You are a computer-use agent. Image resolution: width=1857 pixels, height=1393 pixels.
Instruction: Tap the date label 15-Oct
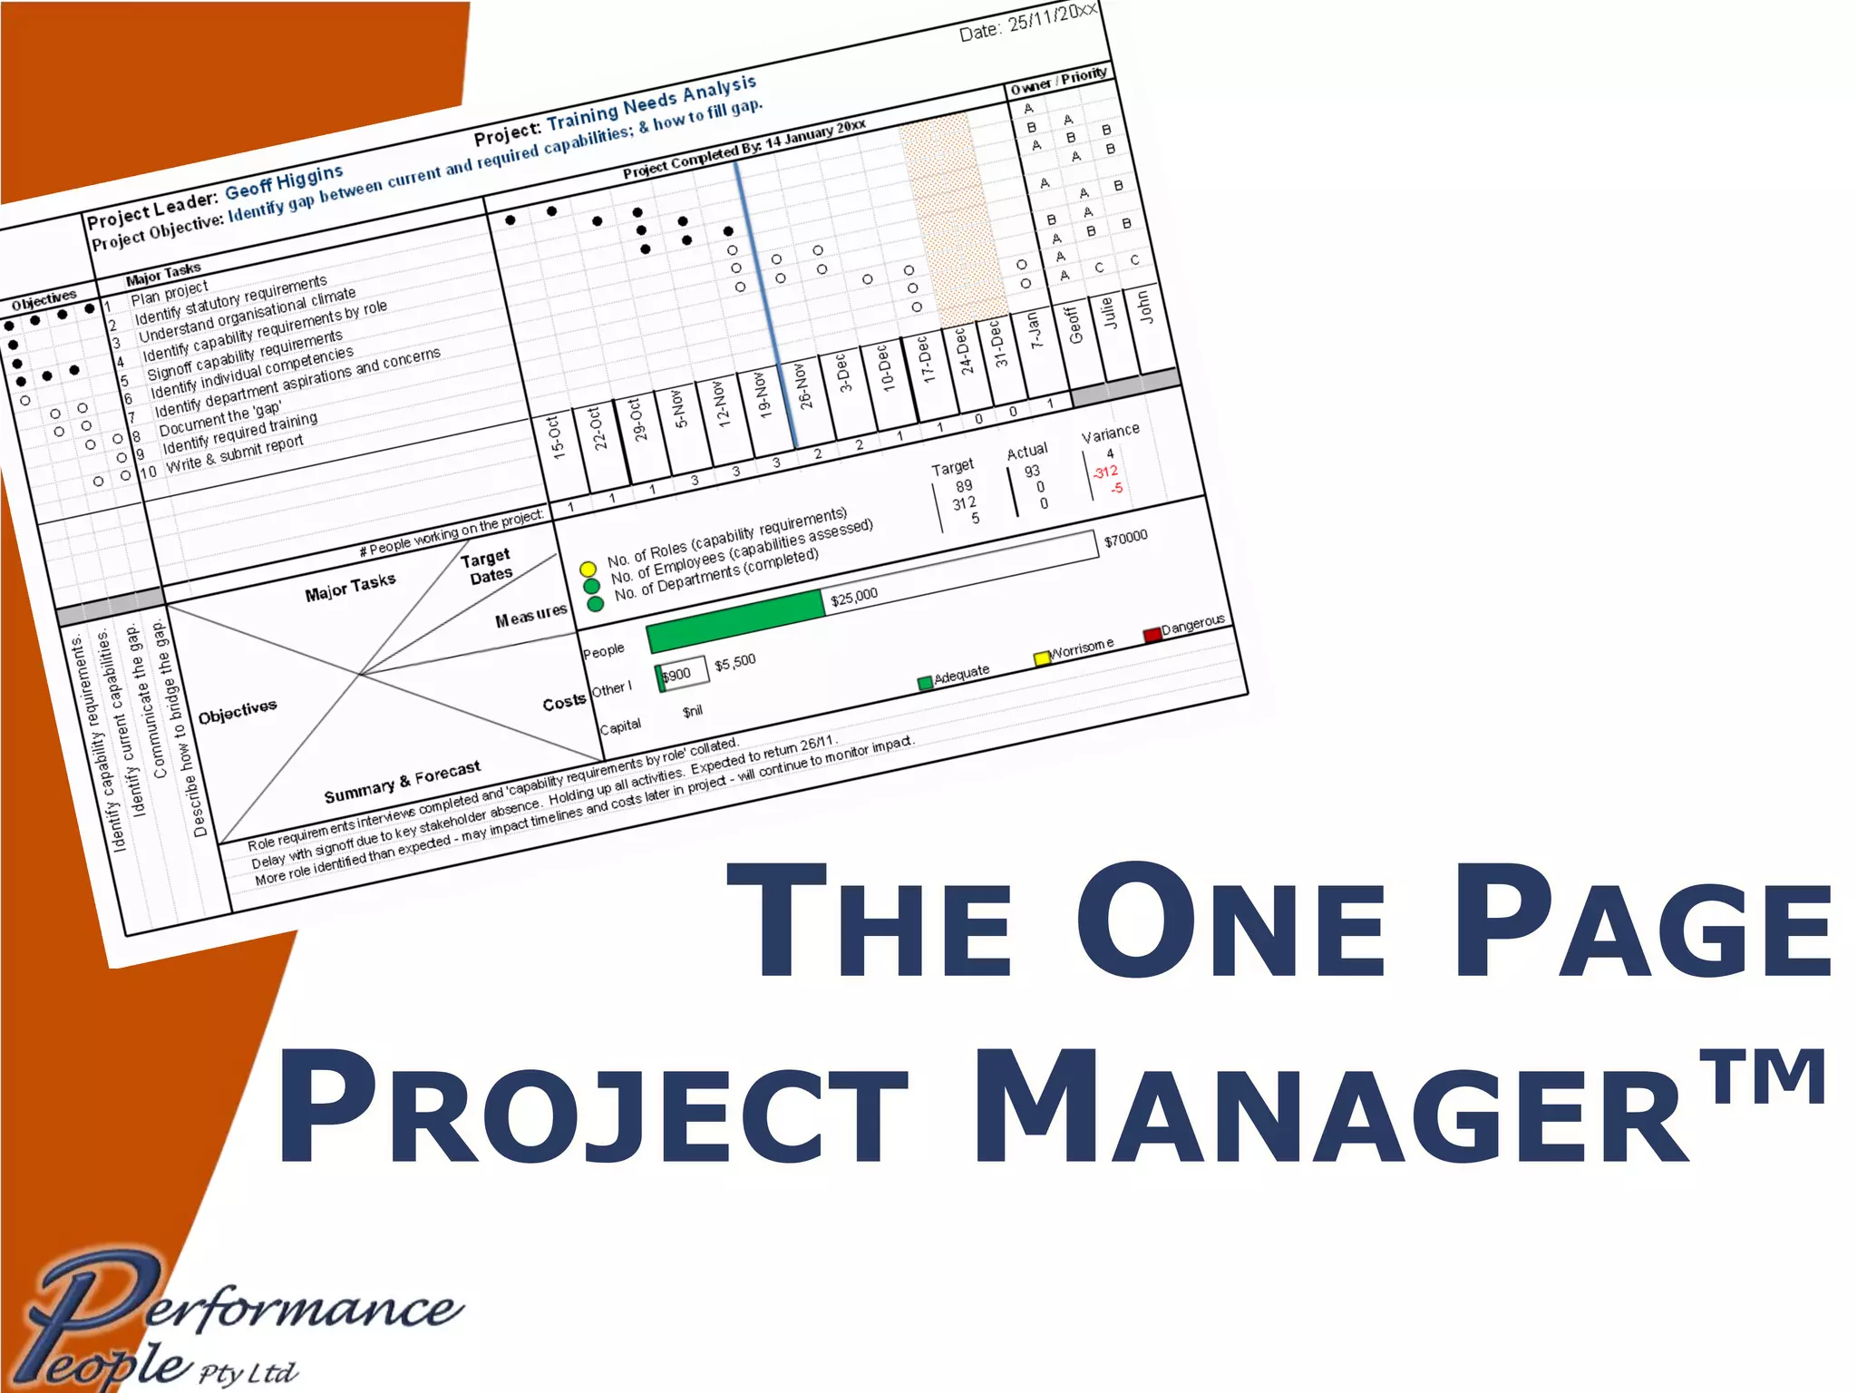[x=557, y=437]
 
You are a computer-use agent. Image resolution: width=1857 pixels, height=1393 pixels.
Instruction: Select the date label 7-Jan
[x=1035, y=329]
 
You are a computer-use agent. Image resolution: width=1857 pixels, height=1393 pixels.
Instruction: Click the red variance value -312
[x=1105, y=472]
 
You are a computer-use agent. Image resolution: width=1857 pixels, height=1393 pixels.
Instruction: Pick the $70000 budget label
[x=1125, y=539]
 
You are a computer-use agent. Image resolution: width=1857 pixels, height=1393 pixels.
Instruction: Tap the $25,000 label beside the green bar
[x=854, y=595]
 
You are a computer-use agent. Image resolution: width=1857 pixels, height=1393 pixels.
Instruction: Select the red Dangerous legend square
[x=1152, y=634]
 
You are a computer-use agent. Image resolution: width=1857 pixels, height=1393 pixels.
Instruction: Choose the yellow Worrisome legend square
[x=1042, y=658]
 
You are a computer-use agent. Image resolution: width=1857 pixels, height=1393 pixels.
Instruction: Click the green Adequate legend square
[x=925, y=683]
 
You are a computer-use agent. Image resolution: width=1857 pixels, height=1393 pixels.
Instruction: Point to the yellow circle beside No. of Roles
[x=588, y=569]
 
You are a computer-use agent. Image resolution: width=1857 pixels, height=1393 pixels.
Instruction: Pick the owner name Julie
[x=1108, y=314]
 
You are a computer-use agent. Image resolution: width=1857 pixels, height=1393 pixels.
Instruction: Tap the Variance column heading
[x=1110, y=433]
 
